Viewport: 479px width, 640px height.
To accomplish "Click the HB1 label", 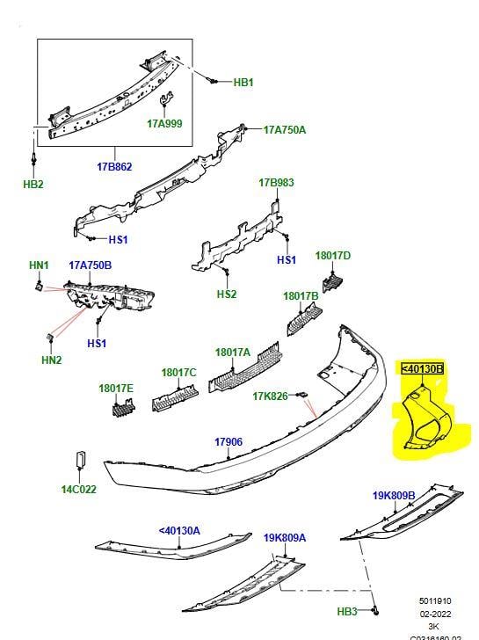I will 243,82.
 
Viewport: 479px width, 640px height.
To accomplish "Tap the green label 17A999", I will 164,124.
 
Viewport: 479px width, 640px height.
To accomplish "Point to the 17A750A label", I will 285,129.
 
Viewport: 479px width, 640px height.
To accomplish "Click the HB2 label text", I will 33,185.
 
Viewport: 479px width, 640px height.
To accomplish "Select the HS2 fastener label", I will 226,295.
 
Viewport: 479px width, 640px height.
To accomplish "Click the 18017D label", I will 333,256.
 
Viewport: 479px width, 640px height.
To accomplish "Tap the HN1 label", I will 40,265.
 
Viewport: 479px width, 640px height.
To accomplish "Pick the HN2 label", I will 52,360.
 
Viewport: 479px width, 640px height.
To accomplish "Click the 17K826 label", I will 271,396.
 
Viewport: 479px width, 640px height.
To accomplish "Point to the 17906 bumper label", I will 228,441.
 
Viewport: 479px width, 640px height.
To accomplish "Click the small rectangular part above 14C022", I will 79,461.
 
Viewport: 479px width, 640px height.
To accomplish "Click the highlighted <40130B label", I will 423,368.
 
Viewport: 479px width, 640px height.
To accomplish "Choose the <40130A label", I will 179,530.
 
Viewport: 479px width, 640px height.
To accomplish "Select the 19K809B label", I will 393,496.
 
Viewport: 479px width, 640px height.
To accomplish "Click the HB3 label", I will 347,611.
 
